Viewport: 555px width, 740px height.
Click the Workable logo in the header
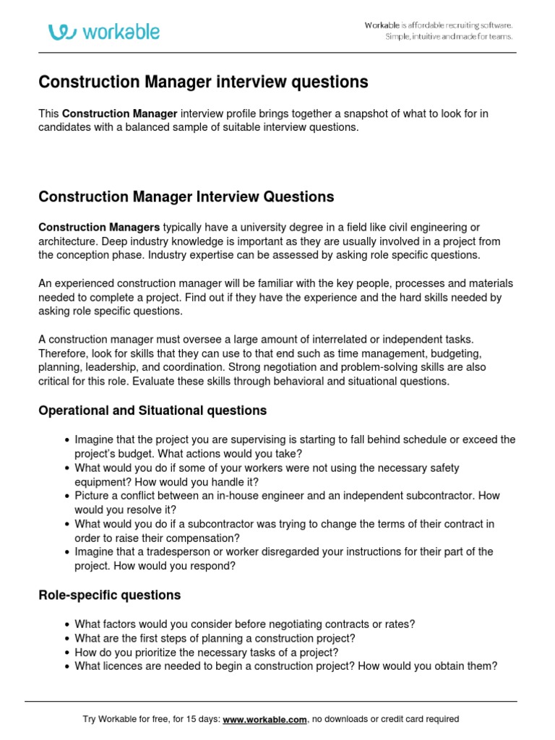(x=104, y=32)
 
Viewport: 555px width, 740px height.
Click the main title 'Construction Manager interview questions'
(x=203, y=82)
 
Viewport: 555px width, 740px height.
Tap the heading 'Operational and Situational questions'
(x=152, y=410)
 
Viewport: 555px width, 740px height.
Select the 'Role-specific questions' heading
(x=109, y=595)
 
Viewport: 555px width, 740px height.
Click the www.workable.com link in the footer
(x=265, y=719)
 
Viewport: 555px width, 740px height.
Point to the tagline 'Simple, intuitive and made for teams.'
(x=448, y=37)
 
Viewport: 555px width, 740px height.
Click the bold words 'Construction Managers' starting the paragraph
(x=99, y=227)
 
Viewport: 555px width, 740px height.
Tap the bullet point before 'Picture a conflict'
(x=67, y=496)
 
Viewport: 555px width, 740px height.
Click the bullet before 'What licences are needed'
(x=67, y=667)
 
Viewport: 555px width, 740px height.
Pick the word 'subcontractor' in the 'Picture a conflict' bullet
(x=435, y=496)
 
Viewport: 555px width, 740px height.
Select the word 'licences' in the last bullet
(x=124, y=666)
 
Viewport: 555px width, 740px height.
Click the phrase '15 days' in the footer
(x=195, y=719)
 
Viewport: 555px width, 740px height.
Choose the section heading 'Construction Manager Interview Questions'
(x=186, y=197)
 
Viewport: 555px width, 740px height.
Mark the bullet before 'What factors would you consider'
(x=67, y=625)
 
